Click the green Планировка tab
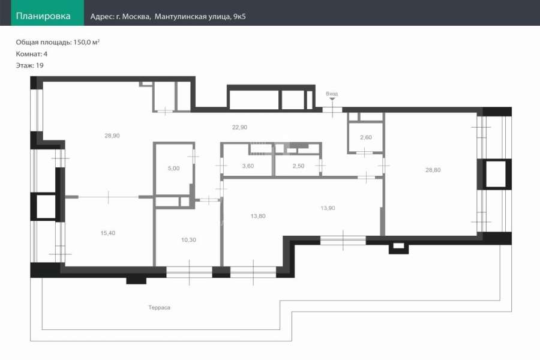[47, 13]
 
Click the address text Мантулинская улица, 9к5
[200, 17]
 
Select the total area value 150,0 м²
[86, 42]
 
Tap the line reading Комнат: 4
[32, 54]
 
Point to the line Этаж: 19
[29, 65]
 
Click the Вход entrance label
[332, 94]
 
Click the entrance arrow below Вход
[332, 99]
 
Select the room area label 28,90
[112, 136]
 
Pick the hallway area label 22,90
[239, 127]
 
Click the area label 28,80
[433, 170]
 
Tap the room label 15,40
[108, 233]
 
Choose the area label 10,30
[188, 240]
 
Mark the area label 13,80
[258, 216]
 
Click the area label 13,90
[328, 208]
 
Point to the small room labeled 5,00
[173, 168]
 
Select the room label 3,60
[248, 166]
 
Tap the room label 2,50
[298, 166]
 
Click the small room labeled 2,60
[366, 137]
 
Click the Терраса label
[159, 307]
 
